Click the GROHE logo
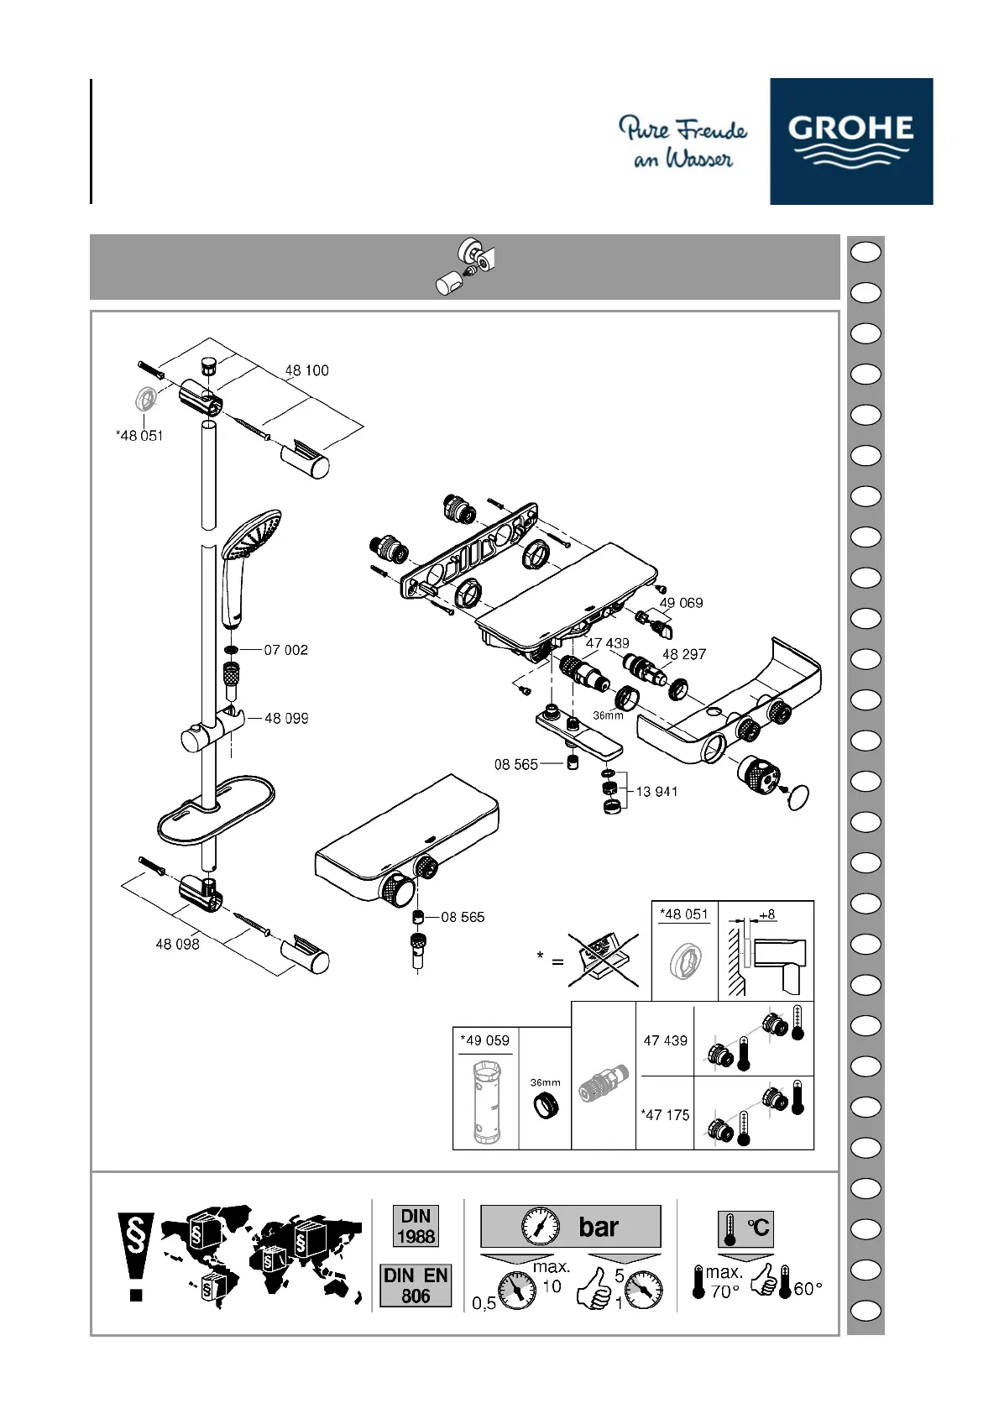[850, 141]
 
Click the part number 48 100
[306, 370]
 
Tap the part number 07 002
[286, 650]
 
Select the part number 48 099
[286, 718]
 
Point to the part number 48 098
[177, 944]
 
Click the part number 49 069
[681, 603]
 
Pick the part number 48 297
[684, 654]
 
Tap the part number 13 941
[656, 792]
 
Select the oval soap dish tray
[216, 810]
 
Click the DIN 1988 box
[416, 1226]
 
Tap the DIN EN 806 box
[416, 1286]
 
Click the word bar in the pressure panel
[599, 1227]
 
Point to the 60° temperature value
[808, 1288]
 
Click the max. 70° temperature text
[724, 1282]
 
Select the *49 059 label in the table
[484, 1040]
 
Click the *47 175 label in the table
[665, 1115]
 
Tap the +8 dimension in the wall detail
[766, 914]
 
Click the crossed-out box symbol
[604, 960]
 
